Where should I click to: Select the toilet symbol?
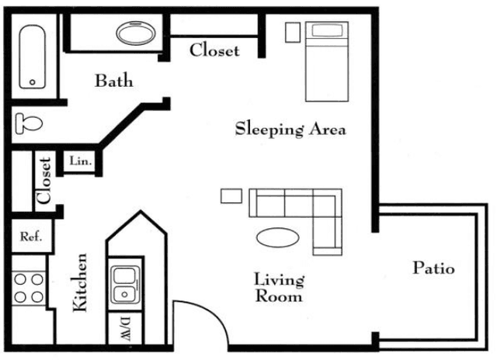tap(29, 123)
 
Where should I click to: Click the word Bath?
tap(114, 81)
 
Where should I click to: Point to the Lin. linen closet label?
tap(81, 161)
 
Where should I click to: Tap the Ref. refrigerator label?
tap(31, 236)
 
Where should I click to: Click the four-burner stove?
tap(29, 288)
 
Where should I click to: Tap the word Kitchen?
tap(79, 282)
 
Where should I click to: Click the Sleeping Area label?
tap(290, 129)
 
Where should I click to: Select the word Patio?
tap(433, 268)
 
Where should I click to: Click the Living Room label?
tap(279, 288)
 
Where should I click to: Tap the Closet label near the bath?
tap(214, 50)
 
